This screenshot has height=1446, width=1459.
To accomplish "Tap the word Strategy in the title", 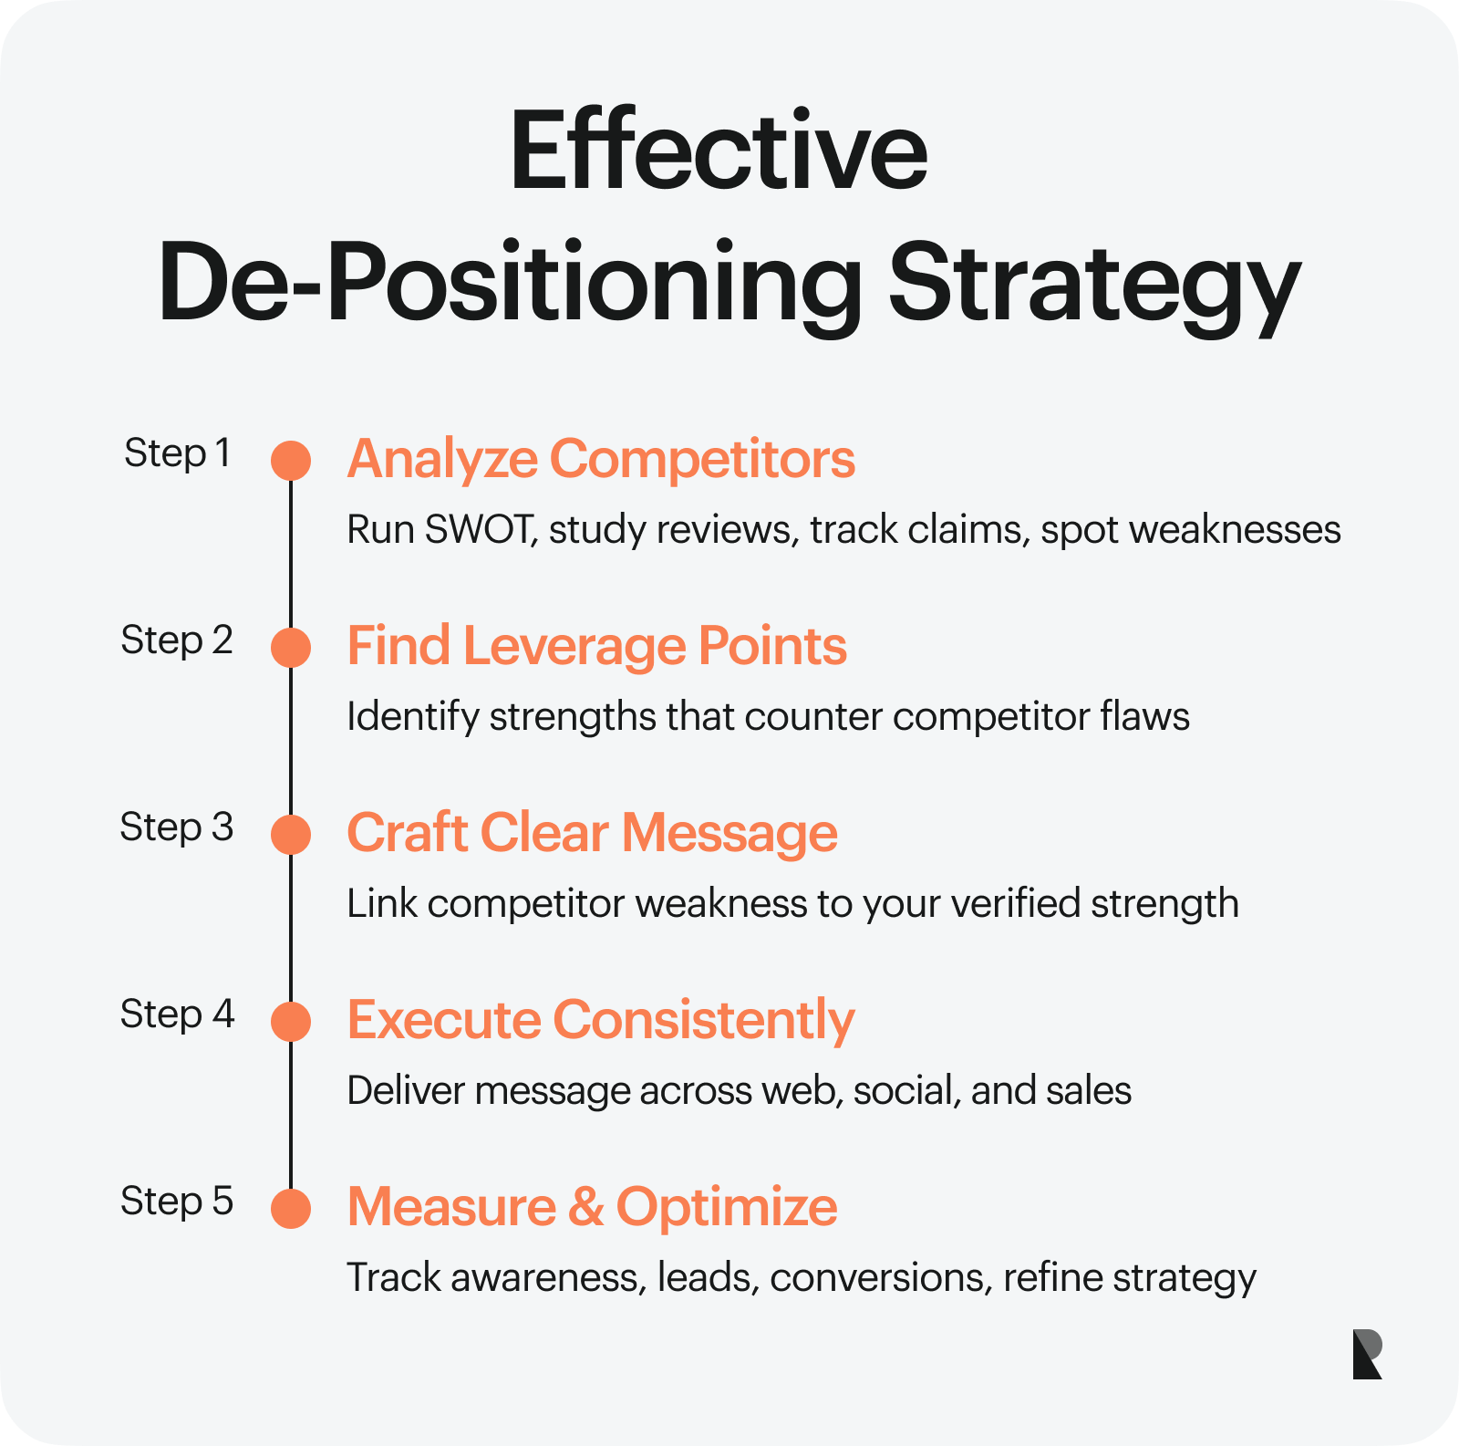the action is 1094,285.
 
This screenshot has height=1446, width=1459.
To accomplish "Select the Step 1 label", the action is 177,453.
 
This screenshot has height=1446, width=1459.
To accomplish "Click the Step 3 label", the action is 177,827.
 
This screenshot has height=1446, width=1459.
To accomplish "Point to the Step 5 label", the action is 177,1202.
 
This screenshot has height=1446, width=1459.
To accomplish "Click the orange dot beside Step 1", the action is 291,461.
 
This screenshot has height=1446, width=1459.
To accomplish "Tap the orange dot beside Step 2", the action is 291,648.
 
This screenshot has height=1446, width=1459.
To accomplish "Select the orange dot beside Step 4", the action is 291,1022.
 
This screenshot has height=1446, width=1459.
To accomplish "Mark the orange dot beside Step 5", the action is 291,1209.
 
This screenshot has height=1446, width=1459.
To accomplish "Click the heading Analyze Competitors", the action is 602,459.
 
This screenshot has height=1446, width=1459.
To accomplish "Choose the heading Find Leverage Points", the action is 597,646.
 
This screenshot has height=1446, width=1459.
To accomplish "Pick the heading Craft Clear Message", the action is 593,833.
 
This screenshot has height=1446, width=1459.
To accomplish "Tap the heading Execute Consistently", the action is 602,1020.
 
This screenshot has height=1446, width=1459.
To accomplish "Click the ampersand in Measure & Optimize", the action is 585,1206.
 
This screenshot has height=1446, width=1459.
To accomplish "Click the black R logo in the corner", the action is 1368,1354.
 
